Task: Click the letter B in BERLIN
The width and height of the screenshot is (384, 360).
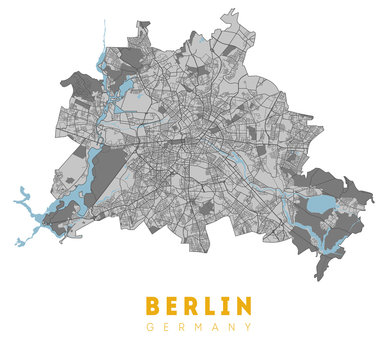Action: (153, 305)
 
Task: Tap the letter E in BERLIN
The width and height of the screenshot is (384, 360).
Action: (174, 305)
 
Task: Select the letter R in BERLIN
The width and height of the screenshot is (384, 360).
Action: (195, 305)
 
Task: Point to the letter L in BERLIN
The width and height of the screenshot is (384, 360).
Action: (214, 305)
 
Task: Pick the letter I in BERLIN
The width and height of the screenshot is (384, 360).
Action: (228, 305)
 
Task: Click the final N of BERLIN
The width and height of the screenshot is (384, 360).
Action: (243, 305)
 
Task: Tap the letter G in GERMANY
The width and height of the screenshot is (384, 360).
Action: (149, 328)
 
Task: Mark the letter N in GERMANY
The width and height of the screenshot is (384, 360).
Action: (233, 328)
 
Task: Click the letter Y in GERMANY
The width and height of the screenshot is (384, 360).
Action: (249, 328)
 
